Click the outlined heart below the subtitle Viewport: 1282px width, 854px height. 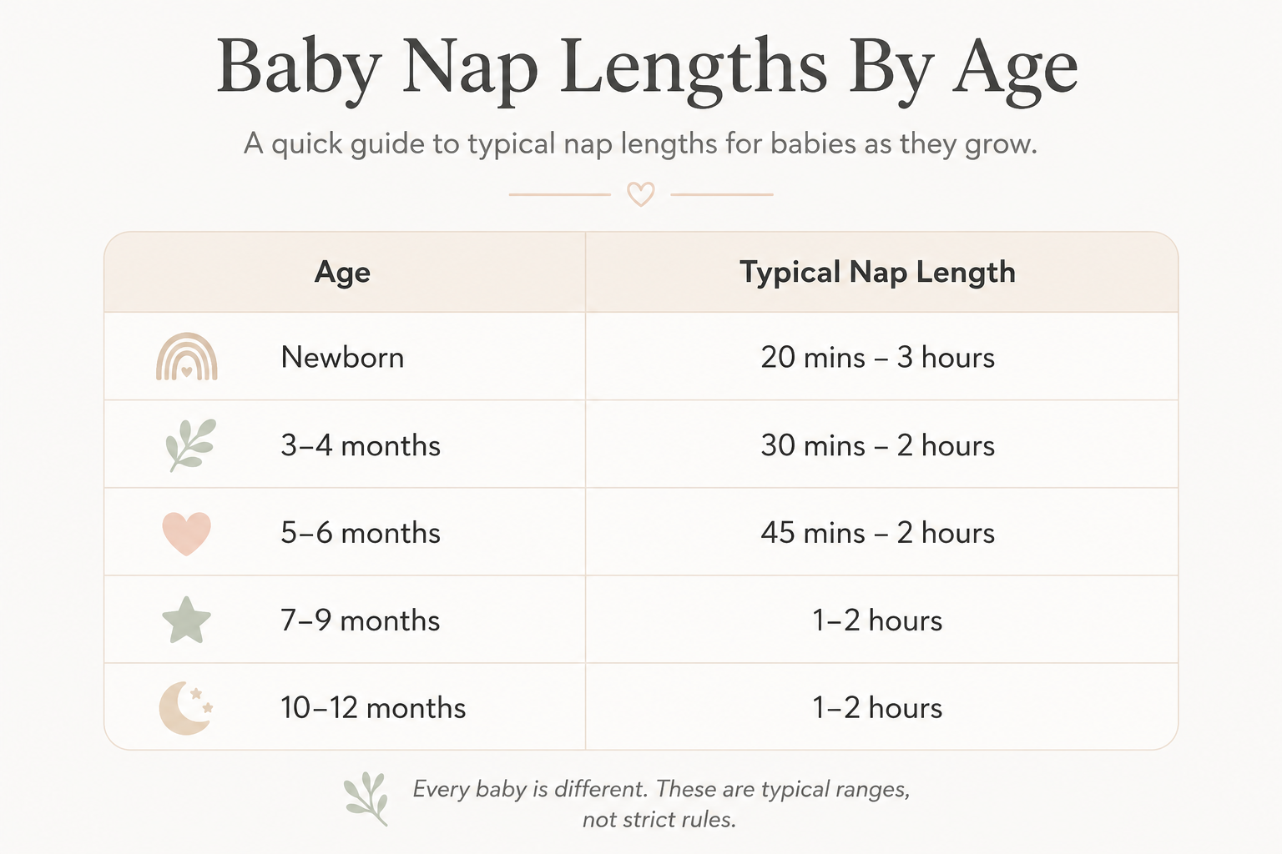[640, 194]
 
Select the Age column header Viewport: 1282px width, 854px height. [342, 272]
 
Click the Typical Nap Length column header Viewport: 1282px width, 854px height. [877, 272]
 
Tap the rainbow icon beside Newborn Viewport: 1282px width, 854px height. [187, 356]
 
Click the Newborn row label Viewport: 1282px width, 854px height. [342, 358]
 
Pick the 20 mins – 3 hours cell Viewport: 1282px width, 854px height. [877, 358]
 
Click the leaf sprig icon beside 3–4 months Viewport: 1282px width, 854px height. [190, 445]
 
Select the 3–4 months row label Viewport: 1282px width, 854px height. [361, 445]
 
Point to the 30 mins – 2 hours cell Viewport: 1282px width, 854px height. [877, 445]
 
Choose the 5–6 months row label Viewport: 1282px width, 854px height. [361, 533]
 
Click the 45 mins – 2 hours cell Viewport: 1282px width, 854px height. [877, 533]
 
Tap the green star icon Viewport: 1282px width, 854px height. [187, 620]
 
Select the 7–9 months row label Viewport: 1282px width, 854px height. [361, 620]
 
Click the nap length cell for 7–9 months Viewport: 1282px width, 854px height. [877, 620]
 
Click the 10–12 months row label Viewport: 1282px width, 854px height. [373, 708]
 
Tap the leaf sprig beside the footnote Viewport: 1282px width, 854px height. [367, 798]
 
